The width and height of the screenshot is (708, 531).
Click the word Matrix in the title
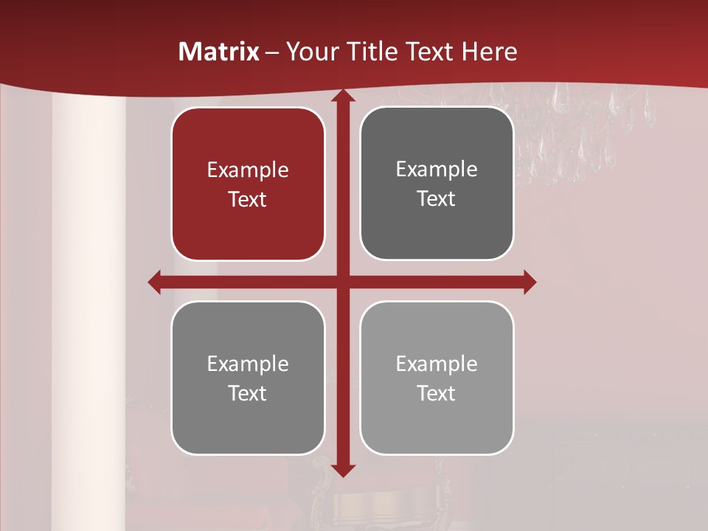pos(219,52)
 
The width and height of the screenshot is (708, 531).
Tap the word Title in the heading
pos(371,52)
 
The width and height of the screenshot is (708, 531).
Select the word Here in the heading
pos(489,52)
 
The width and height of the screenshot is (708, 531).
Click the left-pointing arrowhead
pos(155,282)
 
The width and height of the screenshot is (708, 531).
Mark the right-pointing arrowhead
pos(529,282)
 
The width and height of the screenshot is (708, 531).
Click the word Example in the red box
pos(248,170)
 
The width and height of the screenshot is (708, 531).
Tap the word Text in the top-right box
pos(437,199)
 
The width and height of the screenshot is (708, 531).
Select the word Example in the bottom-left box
pos(248,364)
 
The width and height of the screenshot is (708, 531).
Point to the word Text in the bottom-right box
pos(437,394)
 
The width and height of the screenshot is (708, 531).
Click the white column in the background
pos(88,295)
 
